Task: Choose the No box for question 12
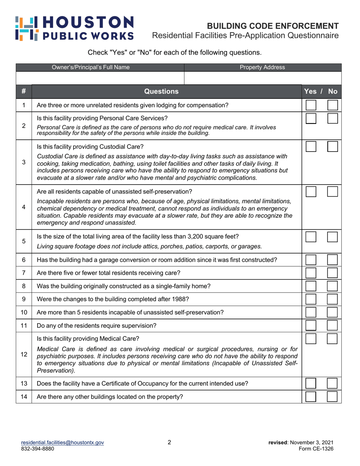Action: (332, 339)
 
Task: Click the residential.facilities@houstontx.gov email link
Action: (63, 443)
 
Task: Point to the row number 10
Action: (23, 313)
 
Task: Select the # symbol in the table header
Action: (23, 91)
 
